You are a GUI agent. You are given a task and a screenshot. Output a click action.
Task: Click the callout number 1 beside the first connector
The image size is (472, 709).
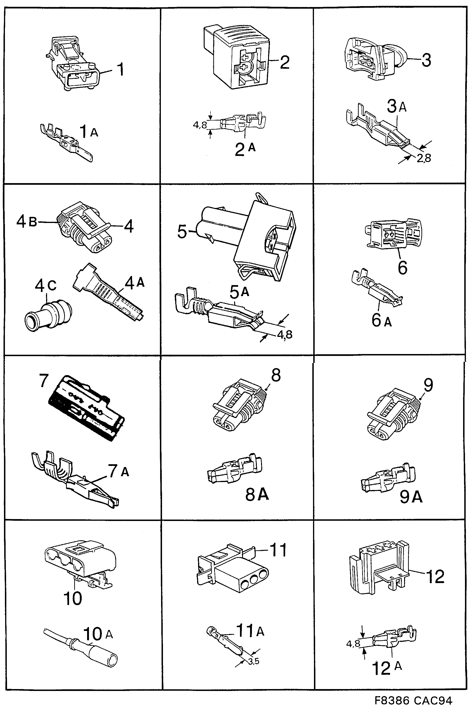pyautogui.click(x=120, y=70)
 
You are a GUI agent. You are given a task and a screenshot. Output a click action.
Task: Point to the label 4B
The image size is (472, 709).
pyautogui.click(x=26, y=222)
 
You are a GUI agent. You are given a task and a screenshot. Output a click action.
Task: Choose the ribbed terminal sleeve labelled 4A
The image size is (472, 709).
pyautogui.click(x=108, y=292)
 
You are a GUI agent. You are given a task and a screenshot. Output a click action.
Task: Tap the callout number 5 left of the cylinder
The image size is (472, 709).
pyautogui.click(x=182, y=232)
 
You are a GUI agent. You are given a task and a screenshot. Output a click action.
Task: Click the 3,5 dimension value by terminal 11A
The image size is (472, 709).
pyautogui.click(x=254, y=662)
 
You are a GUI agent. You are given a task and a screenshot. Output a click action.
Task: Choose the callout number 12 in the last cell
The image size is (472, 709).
pyautogui.click(x=435, y=577)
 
